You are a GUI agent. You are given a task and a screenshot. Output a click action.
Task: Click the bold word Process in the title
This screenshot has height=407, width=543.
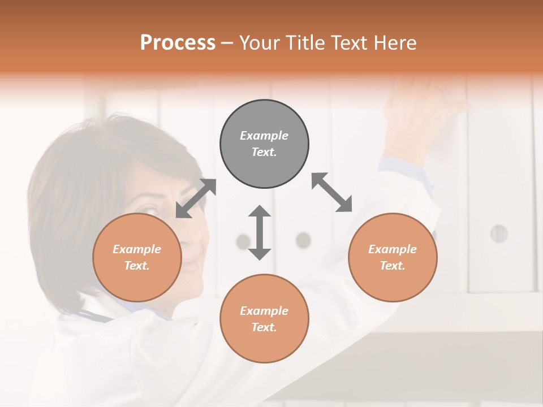[x=178, y=43]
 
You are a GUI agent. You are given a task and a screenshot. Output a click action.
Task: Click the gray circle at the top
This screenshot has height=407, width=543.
[x=264, y=144]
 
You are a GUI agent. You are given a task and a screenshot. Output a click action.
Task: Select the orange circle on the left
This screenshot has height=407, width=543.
[x=137, y=257]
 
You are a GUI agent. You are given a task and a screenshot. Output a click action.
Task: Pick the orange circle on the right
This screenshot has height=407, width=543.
[x=393, y=257]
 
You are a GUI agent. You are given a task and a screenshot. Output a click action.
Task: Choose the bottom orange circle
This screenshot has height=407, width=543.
[x=264, y=319]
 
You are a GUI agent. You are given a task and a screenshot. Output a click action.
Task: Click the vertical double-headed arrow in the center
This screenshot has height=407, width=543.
[x=260, y=232]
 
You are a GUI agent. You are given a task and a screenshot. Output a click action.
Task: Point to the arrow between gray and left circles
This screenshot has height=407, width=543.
[x=196, y=198]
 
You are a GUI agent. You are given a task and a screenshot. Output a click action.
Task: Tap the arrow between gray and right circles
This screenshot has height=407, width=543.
[x=331, y=192]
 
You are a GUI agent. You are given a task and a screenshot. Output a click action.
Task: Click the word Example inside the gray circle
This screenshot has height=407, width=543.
[x=264, y=136]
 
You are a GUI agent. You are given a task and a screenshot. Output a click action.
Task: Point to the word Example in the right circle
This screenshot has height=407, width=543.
[x=393, y=249]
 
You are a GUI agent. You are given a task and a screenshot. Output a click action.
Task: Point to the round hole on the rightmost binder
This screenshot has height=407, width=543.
[x=498, y=233]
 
